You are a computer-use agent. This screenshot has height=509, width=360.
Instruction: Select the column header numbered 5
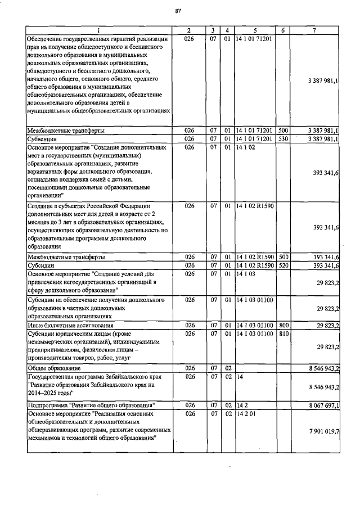point(255,29)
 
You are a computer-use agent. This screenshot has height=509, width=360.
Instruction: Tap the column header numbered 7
point(318,29)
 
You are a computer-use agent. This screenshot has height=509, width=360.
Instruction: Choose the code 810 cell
point(283,334)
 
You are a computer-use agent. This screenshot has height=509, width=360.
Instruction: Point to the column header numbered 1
point(98,29)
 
